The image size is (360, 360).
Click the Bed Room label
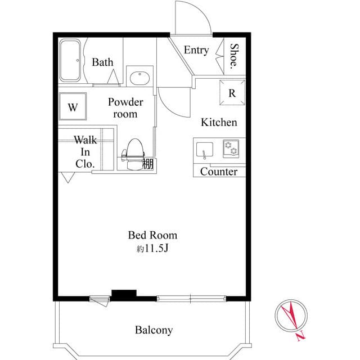(x=152, y=235)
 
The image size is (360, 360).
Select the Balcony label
(x=154, y=330)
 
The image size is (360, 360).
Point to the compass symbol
(x=291, y=316)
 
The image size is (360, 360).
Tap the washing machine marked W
(x=73, y=107)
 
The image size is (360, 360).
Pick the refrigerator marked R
(x=232, y=93)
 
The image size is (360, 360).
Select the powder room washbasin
(x=138, y=77)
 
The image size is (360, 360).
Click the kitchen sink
(x=204, y=150)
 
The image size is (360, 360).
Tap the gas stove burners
(x=230, y=148)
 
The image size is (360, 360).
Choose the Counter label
(x=219, y=172)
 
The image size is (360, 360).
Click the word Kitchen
(x=219, y=122)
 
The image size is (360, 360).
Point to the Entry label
(x=196, y=50)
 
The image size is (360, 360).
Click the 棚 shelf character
(x=148, y=164)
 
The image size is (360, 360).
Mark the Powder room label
(x=125, y=108)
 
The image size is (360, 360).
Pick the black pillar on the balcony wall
(x=124, y=294)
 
